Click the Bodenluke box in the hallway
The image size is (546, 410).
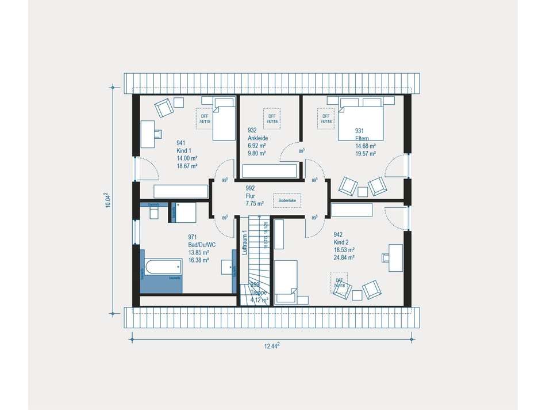[286, 200]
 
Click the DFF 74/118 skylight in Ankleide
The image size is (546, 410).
[271, 118]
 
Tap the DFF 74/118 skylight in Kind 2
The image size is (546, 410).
[340, 283]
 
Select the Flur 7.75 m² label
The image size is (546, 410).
[254, 196]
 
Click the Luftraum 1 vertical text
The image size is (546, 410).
[244, 242]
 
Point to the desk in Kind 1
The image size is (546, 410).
[148, 134]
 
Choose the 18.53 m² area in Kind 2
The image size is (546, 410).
[344, 250]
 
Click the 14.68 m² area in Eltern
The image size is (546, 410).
[365, 146]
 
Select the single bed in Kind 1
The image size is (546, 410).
[224, 119]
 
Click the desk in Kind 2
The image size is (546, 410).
[396, 257]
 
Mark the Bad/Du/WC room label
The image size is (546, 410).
[202, 245]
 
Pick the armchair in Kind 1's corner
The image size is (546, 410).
[163, 108]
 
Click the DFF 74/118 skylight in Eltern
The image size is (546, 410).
[326, 118]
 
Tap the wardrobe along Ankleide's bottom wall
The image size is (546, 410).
[270, 171]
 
